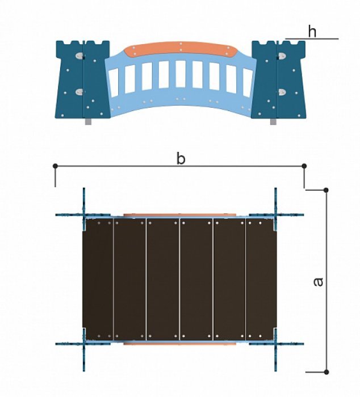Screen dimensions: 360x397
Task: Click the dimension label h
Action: tap(312, 32)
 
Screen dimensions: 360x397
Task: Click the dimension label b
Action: tap(181, 159)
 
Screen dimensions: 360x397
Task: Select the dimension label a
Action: tap(318, 282)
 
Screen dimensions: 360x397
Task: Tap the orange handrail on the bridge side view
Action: tap(181, 49)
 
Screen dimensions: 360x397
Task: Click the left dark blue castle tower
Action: tap(83, 79)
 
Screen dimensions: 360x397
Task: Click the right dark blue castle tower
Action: tap(279, 79)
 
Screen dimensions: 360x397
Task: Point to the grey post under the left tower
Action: tap(88, 121)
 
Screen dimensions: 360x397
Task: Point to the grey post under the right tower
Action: tap(273, 121)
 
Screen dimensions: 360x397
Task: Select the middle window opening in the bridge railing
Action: tap(181, 74)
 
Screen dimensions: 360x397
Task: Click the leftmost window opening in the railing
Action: tap(113, 82)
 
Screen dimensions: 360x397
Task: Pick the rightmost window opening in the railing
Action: tap(248, 82)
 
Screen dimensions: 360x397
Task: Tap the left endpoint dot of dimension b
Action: tap(56, 166)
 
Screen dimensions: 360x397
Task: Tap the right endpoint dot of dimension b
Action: tap(304, 166)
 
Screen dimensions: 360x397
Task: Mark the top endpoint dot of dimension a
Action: tap(326, 190)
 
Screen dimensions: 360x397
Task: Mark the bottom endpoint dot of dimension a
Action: tap(326, 372)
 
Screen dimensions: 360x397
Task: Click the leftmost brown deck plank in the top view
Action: tap(98, 280)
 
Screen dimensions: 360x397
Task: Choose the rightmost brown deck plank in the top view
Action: tap(261, 280)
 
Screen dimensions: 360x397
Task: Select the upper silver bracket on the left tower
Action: tap(79, 56)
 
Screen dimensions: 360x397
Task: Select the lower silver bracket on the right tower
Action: tap(282, 92)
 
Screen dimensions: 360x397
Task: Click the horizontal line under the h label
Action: tap(312, 39)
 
